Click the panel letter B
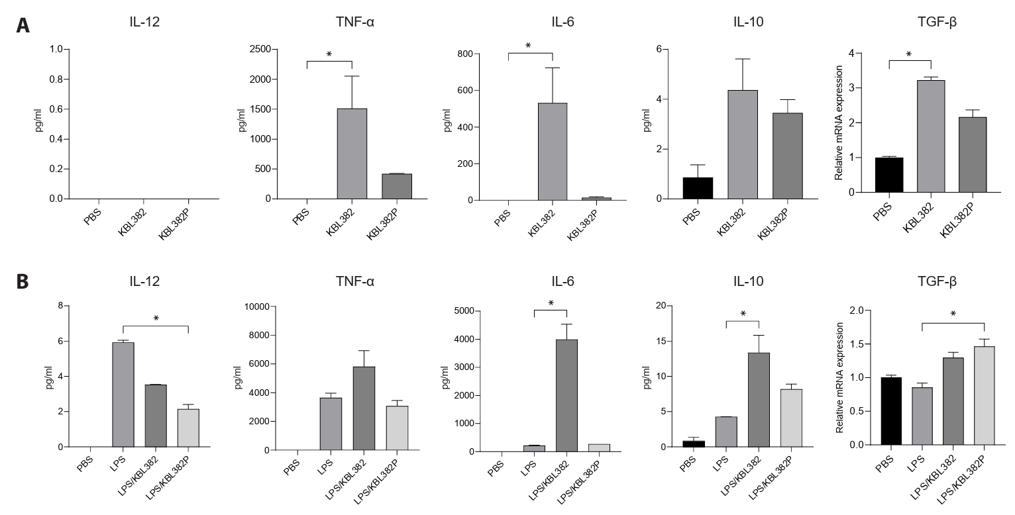23,281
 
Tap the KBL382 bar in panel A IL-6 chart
552,152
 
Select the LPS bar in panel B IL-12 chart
123,395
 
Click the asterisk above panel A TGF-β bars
908,55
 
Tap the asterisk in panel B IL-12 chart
156,319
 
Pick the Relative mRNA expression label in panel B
841,377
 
